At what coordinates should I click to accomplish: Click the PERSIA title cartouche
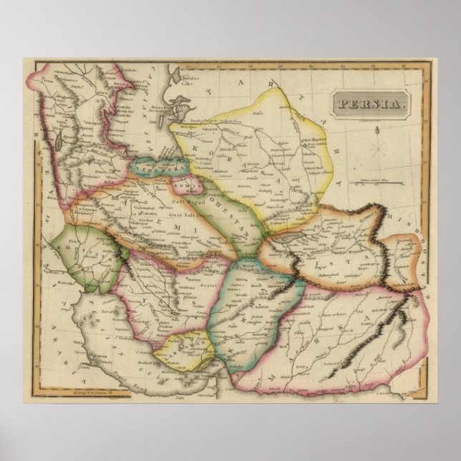pyautogui.click(x=370, y=103)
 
